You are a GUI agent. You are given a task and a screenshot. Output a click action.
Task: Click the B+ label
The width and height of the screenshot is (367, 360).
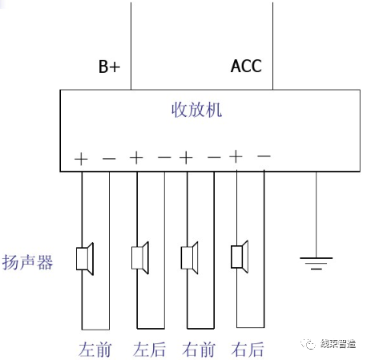pyautogui.click(x=109, y=67)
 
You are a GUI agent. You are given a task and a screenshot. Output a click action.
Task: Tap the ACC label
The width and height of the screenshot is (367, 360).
pyautogui.click(x=245, y=66)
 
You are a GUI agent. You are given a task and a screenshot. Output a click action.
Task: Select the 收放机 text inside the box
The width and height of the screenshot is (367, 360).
pyautogui.click(x=197, y=110)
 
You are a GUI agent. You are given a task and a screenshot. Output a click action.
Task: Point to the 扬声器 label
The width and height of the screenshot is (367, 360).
pyautogui.click(x=28, y=261)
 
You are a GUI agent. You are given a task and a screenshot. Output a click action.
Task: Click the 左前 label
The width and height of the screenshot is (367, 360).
pyautogui.click(x=94, y=350)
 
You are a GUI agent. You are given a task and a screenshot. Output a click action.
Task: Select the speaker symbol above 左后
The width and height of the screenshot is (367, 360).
pyautogui.click(x=140, y=257)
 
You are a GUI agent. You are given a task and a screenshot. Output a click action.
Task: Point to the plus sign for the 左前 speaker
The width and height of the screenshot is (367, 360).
pyautogui.click(x=81, y=159)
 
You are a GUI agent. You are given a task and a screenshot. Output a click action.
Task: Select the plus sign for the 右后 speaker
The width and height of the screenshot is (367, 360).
pyautogui.click(x=236, y=156)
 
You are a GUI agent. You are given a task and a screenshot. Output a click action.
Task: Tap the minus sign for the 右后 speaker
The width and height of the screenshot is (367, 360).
pyautogui.click(x=264, y=156)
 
